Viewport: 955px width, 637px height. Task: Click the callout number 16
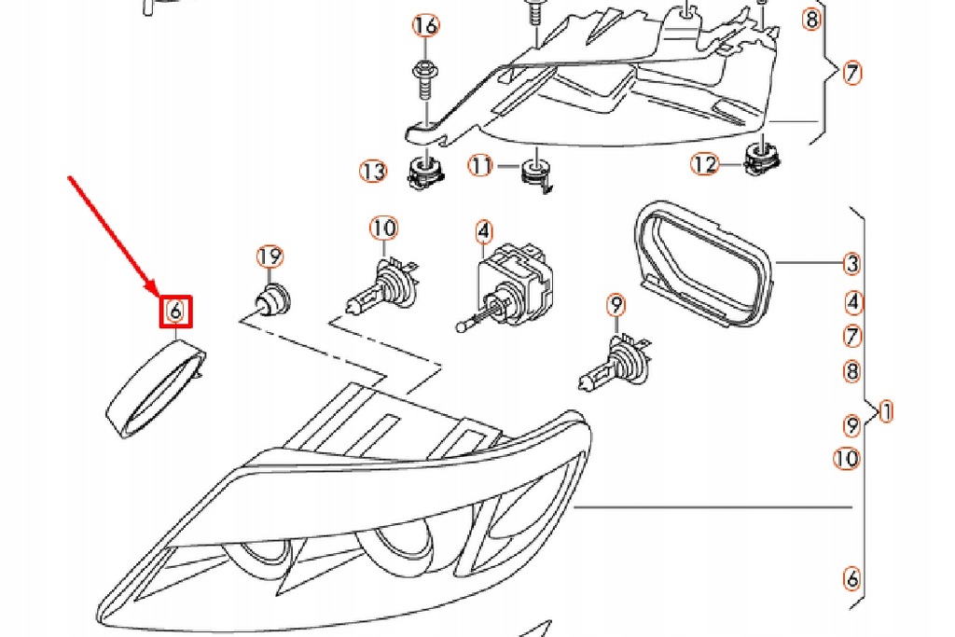point(424,25)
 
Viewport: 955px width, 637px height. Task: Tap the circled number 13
point(373,172)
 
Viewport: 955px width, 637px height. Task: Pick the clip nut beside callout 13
point(424,171)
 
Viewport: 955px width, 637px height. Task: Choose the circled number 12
point(705,165)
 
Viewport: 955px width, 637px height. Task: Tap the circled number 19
point(270,256)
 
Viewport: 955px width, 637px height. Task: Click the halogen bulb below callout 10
point(379,284)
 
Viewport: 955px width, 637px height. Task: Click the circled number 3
point(851,264)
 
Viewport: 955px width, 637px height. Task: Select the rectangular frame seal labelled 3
point(699,265)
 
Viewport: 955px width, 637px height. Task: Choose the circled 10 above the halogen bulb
point(383,228)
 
